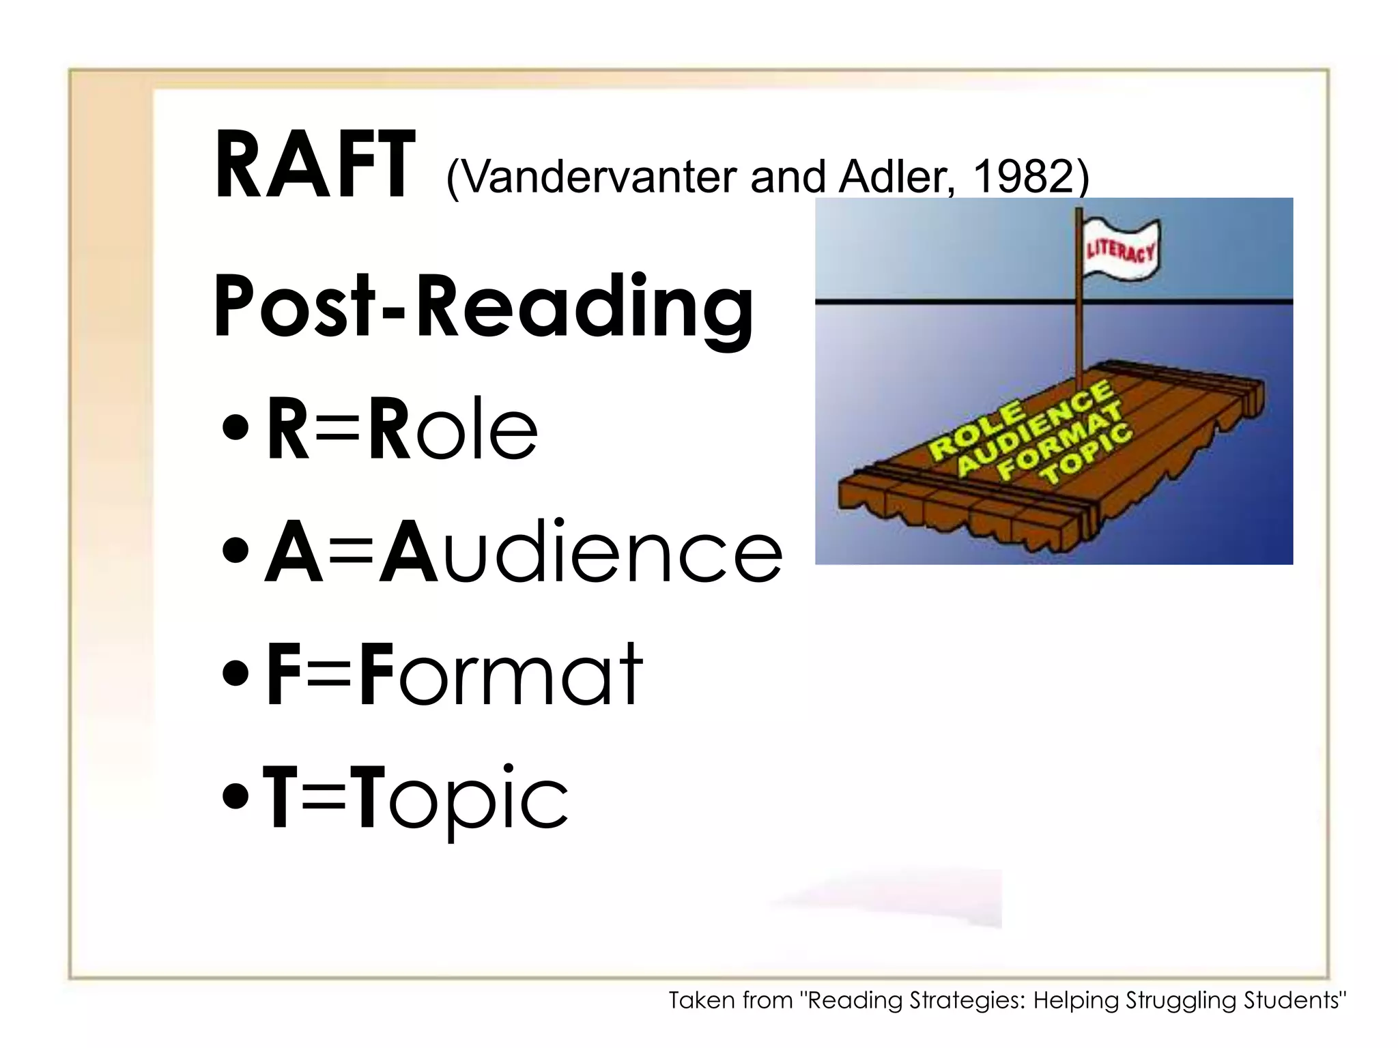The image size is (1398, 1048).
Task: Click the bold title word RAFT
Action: click(x=314, y=166)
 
